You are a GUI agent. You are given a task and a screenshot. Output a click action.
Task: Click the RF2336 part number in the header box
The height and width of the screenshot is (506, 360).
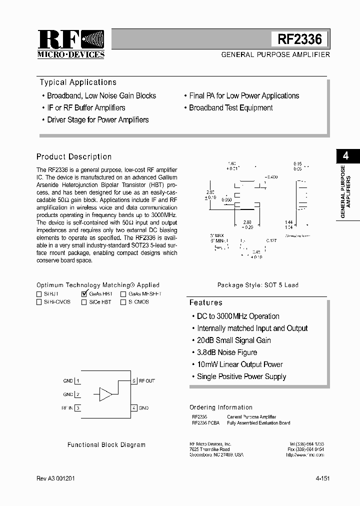pos(299,39)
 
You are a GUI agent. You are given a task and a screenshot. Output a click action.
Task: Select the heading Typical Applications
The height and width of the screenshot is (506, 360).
pos(78,82)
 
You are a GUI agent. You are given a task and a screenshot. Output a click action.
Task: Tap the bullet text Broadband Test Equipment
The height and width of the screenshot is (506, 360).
pos(230,108)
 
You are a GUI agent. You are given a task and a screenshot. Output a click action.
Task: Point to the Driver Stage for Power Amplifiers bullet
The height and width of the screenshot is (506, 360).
pos(97,120)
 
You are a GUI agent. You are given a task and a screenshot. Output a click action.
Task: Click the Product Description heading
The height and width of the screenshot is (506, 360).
pos(74,157)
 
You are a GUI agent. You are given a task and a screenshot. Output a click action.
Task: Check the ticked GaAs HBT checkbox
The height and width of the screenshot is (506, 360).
pos(84,294)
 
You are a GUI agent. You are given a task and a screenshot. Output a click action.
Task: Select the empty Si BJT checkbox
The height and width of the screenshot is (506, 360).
pos(39,294)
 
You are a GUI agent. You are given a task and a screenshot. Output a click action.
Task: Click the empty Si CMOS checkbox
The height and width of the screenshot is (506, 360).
pos(123,302)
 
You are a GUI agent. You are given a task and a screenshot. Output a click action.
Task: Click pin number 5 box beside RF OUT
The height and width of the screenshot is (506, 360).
pos(134,380)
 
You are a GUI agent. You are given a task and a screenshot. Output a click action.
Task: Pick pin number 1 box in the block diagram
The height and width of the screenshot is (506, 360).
pos(78,380)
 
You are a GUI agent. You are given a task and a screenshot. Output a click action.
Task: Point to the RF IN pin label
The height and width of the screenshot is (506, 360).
pos(67,408)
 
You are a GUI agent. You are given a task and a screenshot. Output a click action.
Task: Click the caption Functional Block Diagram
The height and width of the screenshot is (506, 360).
pos(106,445)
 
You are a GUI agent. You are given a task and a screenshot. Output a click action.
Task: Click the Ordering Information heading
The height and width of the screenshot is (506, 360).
pos(220,407)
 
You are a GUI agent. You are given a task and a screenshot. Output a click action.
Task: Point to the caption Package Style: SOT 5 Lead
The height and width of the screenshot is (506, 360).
pos(257,285)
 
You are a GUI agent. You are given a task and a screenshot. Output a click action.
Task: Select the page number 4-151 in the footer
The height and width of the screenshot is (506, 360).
pos(322,478)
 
